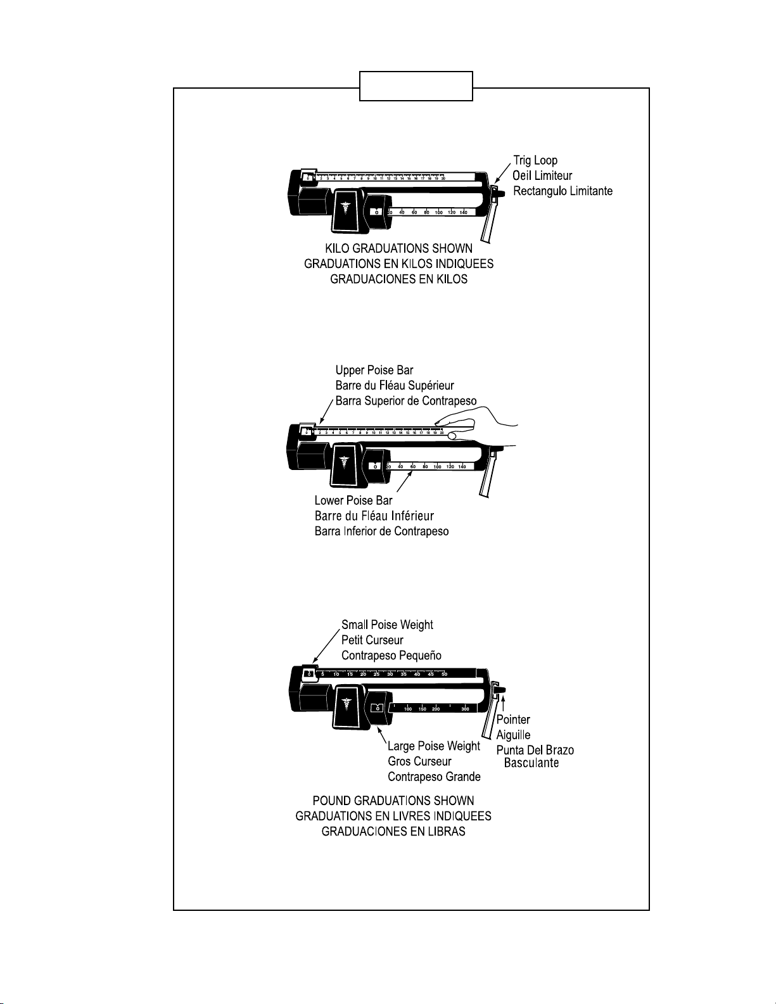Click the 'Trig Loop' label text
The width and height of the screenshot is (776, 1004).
(x=535, y=161)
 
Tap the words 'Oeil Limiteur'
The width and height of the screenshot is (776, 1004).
(x=542, y=175)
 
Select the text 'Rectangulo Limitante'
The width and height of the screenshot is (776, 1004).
(x=563, y=191)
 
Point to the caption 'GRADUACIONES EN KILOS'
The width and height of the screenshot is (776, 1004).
(x=399, y=279)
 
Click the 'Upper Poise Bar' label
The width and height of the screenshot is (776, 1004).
(x=374, y=371)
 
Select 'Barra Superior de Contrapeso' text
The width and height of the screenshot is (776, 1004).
(x=406, y=401)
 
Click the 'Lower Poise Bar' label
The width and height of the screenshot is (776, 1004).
(x=353, y=501)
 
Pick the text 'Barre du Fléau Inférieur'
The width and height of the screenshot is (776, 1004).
(x=374, y=516)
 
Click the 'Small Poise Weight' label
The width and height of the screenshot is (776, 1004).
(x=387, y=625)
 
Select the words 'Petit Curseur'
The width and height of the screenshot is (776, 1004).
(x=372, y=640)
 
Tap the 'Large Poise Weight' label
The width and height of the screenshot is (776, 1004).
(x=434, y=746)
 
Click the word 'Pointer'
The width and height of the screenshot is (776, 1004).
(x=513, y=720)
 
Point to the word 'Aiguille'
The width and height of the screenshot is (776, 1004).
(x=513, y=735)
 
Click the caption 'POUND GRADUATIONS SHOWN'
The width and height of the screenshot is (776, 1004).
(x=393, y=801)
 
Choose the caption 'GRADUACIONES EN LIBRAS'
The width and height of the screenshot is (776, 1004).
(x=393, y=832)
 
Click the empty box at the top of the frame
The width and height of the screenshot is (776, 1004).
(x=416, y=86)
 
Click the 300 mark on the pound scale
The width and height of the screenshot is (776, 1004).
(x=466, y=709)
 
